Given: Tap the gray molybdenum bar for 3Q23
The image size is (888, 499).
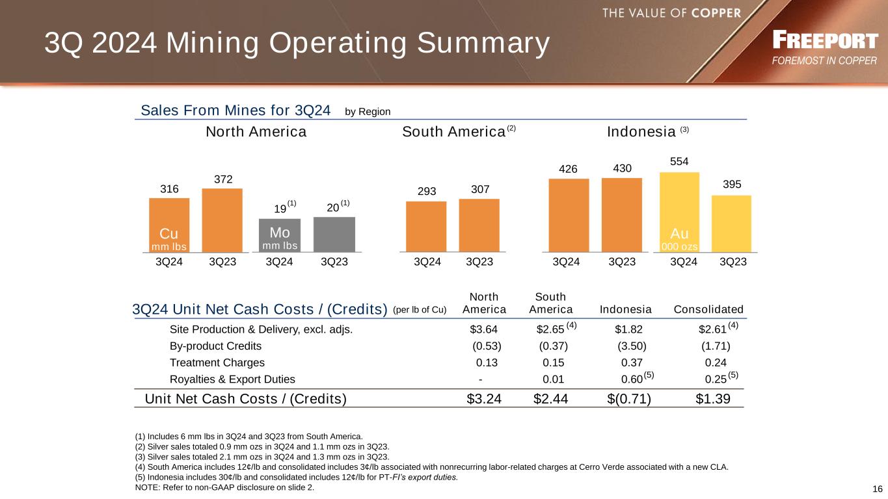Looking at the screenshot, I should (334, 234).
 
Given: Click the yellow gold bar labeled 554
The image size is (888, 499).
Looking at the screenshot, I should (679, 211).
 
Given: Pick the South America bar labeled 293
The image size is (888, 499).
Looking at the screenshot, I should (426, 226).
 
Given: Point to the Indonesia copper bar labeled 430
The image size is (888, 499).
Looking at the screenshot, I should (621, 214).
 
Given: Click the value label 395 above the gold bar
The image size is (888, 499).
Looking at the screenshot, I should (732, 185).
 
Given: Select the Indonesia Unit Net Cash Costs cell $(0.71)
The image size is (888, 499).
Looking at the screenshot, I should (625, 398).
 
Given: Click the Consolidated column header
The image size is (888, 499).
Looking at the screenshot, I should (709, 309).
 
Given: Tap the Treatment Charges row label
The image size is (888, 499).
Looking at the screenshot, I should (217, 363).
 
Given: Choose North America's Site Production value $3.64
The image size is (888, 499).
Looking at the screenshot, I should (483, 329).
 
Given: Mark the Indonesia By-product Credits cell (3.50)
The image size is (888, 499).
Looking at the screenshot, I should (632, 346).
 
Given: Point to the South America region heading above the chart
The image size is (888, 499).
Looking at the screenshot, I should (453, 132).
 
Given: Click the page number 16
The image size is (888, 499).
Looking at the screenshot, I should (877, 489).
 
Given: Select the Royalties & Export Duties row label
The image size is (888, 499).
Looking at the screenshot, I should (232, 379).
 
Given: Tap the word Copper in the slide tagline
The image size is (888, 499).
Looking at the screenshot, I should (716, 12).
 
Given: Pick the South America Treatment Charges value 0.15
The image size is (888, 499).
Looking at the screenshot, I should (553, 363).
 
